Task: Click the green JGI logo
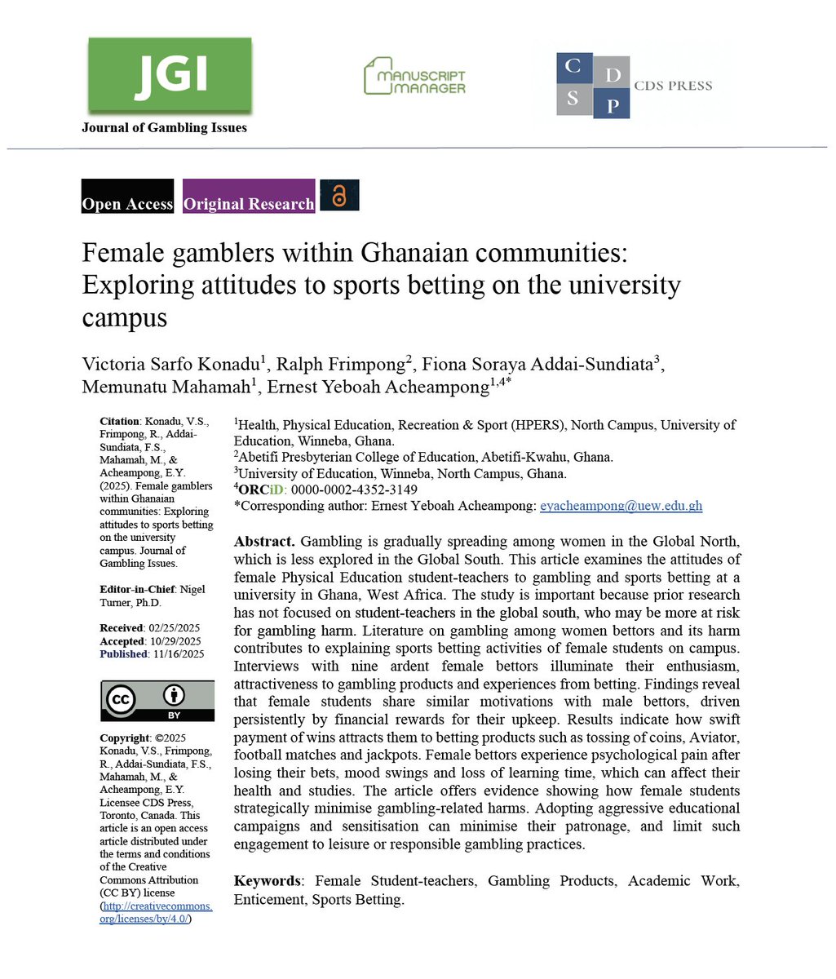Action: [x=170, y=74]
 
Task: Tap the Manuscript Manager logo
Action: [x=414, y=75]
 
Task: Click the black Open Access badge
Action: [x=127, y=197]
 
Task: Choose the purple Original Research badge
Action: [x=249, y=197]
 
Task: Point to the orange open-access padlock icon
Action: [x=339, y=195]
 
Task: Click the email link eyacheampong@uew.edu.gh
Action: [x=621, y=506]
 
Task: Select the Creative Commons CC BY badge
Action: [x=157, y=701]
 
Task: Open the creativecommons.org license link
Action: [x=156, y=912]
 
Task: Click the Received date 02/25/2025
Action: [x=175, y=627]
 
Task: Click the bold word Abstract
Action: [x=264, y=542]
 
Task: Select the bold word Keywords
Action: [x=267, y=881]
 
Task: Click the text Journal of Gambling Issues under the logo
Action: [x=164, y=127]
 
